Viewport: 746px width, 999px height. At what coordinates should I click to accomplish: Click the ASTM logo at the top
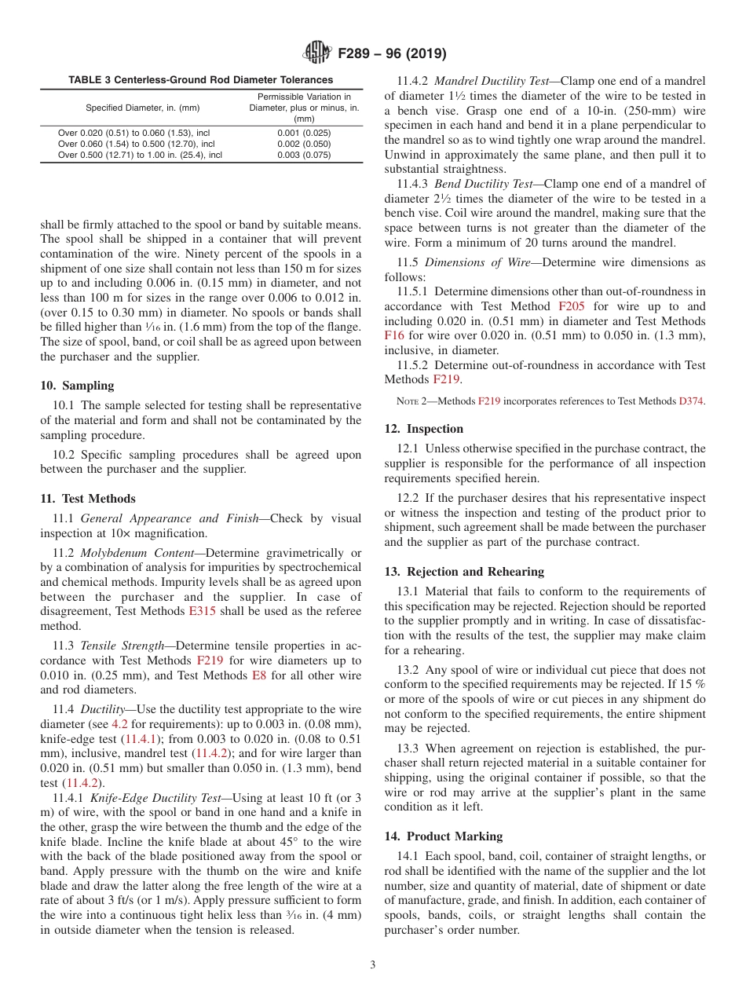click(316, 53)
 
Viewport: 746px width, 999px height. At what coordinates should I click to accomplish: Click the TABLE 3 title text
click(200, 80)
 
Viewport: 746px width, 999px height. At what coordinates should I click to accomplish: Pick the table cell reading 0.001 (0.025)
click(304, 133)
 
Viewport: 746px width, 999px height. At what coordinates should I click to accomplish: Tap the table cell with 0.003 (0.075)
click(304, 155)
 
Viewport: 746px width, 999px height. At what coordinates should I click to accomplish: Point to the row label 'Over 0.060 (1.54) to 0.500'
click(136, 144)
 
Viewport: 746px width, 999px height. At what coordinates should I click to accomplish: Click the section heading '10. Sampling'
click(77, 386)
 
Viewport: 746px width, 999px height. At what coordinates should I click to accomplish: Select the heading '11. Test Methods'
click(88, 499)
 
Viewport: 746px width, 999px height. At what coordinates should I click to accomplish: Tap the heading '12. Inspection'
click(424, 429)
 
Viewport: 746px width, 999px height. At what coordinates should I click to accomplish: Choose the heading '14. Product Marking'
click(444, 836)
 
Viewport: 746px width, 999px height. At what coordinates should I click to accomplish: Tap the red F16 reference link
click(394, 335)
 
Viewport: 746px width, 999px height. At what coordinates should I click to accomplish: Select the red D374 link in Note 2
click(691, 401)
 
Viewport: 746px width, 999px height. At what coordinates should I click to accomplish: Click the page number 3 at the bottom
click(372, 965)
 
